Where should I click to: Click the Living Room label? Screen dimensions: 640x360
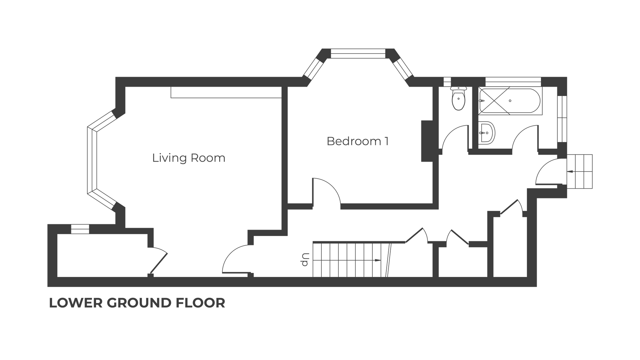[x=189, y=158]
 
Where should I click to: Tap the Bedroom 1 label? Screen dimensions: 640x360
[x=357, y=141]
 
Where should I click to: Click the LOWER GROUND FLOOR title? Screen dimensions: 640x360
[x=137, y=303]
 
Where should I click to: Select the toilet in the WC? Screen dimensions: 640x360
[x=459, y=98]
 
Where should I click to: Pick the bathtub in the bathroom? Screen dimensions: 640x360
[x=510, y=101]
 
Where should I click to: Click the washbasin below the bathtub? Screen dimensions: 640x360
[x=486, y=132]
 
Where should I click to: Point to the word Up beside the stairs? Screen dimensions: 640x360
[x=305, y=260]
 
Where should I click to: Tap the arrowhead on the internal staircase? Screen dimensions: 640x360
[x=378, y=260]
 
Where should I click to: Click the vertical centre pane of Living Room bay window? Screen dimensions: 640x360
[x=92, y=160]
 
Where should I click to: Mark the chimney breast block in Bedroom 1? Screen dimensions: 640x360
[x=427, y=141]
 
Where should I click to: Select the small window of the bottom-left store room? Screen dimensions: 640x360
[x=80, y=229]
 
